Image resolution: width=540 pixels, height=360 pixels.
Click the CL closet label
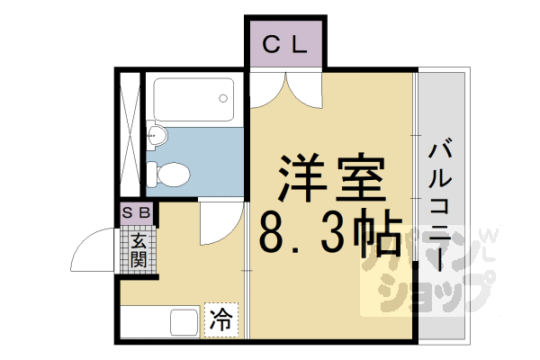coord(286,42)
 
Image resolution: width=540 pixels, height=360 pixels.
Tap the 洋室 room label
coord(329,180)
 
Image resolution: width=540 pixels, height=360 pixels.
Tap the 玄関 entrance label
coord(139,249)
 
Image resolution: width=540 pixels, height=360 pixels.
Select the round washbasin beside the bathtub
coord(157,136)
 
